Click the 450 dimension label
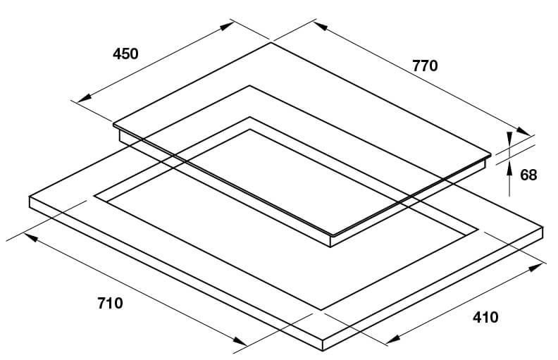pos(125,54)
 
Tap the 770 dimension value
pos(425,66)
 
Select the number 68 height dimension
pos(528,175)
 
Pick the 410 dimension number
pos(485,317)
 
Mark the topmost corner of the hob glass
pos(271,43)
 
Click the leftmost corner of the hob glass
pos(113,124)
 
